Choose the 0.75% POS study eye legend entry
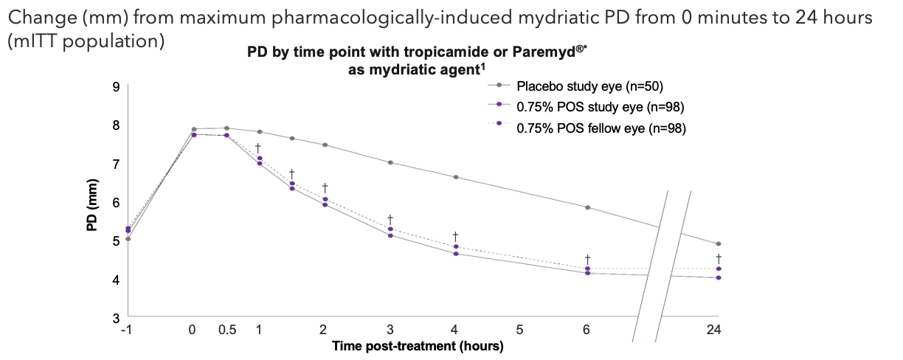click(x=580, y=108)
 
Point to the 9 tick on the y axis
click(x=116, y=87)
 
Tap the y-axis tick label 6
click(x=116, y=202)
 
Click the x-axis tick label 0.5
click(x=226, y=330)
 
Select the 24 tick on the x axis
click(x=713, y=330)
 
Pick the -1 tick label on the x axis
click(x=126, y=330)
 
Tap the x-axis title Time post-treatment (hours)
click(x=418, y=345)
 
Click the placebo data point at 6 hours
click(x=587, y=207)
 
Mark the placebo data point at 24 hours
click(x=719, y=244)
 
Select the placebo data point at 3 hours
click(x=390, y=162)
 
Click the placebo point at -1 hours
click(x=128, y=239)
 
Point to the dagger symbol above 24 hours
click(x=719, y=258)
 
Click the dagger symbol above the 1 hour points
click(x=258, y=148)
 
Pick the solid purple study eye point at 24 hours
click(x=719, y=277)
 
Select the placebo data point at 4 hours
click(x=455, y=177)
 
